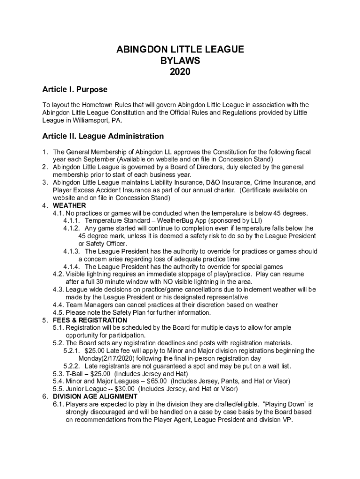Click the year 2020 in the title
pyautogui.click(x=180, y=72)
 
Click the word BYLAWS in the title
pyautogui.click(x=180, y=61)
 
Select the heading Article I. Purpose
pyautogui.click(x=75, y=89)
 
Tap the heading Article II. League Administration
pyautogui.click(x=103, y=137)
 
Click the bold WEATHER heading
pyautogui.click(x=69, y=205)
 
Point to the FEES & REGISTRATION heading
pyautogui.click(x=90, y=320)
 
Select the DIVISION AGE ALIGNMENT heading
pyautogui.click(x=95, y=396)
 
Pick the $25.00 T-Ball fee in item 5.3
pyautogui.click(x=95, y=373)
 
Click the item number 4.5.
pyautogui.click(x=58, y=312)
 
